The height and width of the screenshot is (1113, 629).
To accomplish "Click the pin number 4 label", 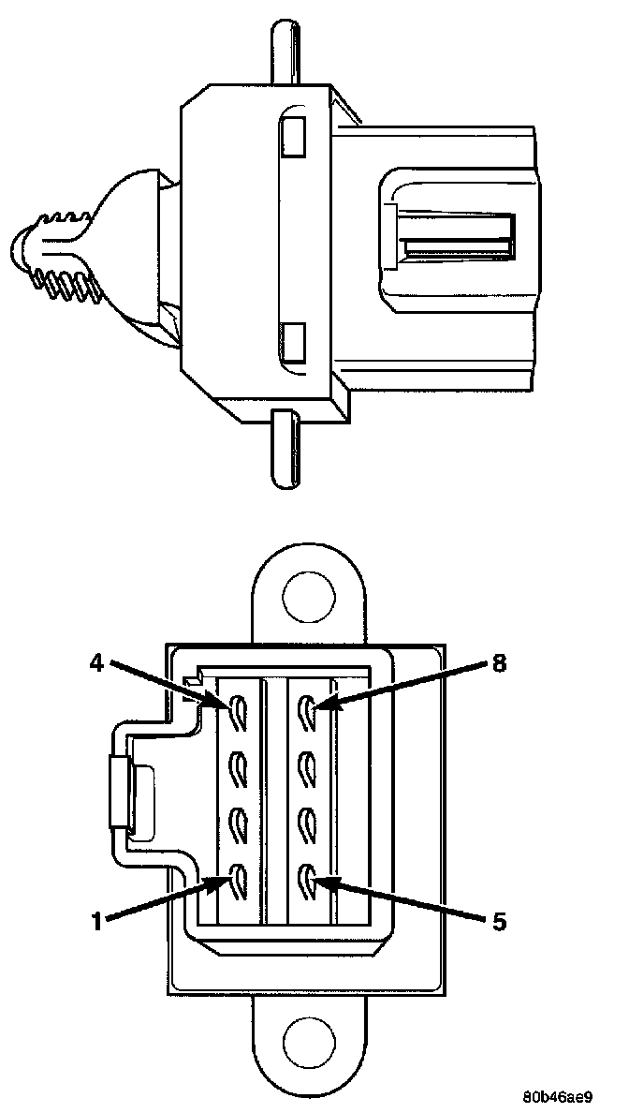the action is [x=95, y=661].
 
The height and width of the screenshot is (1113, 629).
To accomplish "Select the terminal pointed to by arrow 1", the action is [x=236, y=880].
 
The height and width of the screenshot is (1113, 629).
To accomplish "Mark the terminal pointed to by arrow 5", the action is [x=307, y=880].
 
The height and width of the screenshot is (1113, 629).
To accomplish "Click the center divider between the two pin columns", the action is [x=271, y=796].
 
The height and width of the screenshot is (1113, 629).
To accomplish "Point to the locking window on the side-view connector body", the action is [x=457, y=237].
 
